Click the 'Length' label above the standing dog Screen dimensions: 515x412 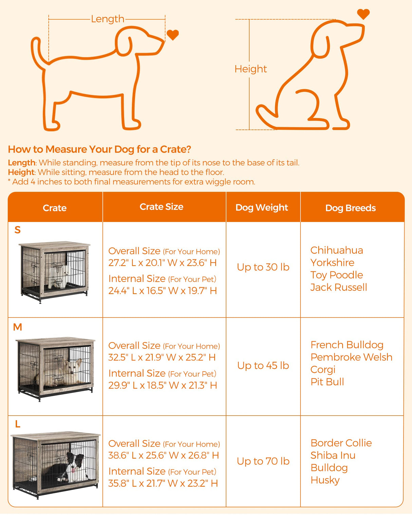coord(108,19)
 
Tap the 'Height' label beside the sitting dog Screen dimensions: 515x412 coord(250,69)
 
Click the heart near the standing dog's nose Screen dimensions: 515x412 coord(172,35)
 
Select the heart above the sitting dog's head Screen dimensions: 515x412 coord(363,14)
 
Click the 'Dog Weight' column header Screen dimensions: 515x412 coord(262,208)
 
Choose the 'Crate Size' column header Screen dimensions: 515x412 coord(162,207)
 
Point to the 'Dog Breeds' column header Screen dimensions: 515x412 coord(350,208)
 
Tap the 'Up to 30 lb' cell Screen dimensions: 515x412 coord(263,267)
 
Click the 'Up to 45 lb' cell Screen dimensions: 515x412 coord(263,366)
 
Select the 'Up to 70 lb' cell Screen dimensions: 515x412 coord(263,461)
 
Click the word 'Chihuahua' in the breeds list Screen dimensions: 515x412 coord(337,250)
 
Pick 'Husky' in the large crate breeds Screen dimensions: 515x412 coord(325,480)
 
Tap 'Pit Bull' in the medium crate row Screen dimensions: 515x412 coord(327,382)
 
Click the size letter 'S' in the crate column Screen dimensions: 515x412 coord(18,230)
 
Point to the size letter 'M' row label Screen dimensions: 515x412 coord(18,327)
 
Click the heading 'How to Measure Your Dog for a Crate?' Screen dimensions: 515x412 coord(99,149)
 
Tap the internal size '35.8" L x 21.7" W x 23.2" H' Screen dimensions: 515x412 coord(163,483)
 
